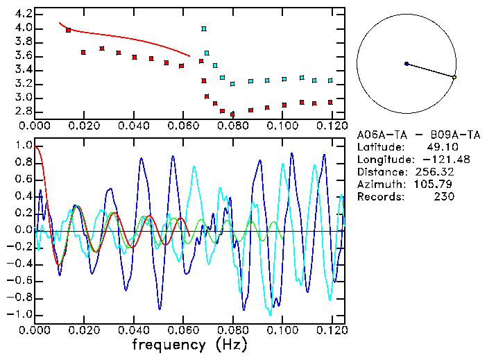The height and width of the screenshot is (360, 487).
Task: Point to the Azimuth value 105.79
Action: (x=438, y=185)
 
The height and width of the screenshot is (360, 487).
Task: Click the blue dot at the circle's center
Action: (x=407, y=64)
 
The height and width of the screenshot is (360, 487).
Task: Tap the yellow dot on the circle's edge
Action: (x=454, y=78)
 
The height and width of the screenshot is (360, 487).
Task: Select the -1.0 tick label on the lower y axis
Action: (x=19, y=314)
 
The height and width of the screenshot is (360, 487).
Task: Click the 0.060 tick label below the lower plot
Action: (x=182, y=330)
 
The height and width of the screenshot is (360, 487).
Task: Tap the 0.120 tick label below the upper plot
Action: (x=331, y=126)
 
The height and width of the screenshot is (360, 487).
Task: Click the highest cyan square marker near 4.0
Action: (x=204, y=29)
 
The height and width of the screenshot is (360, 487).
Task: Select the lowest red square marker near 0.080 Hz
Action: (x=232, y=114)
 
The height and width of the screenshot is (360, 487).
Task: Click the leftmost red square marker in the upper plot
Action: (x=68, y=30)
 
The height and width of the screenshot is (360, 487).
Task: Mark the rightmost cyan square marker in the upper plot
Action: (x=330, y=80)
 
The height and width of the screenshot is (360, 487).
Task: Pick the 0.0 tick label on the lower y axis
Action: (x=23, y=230)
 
